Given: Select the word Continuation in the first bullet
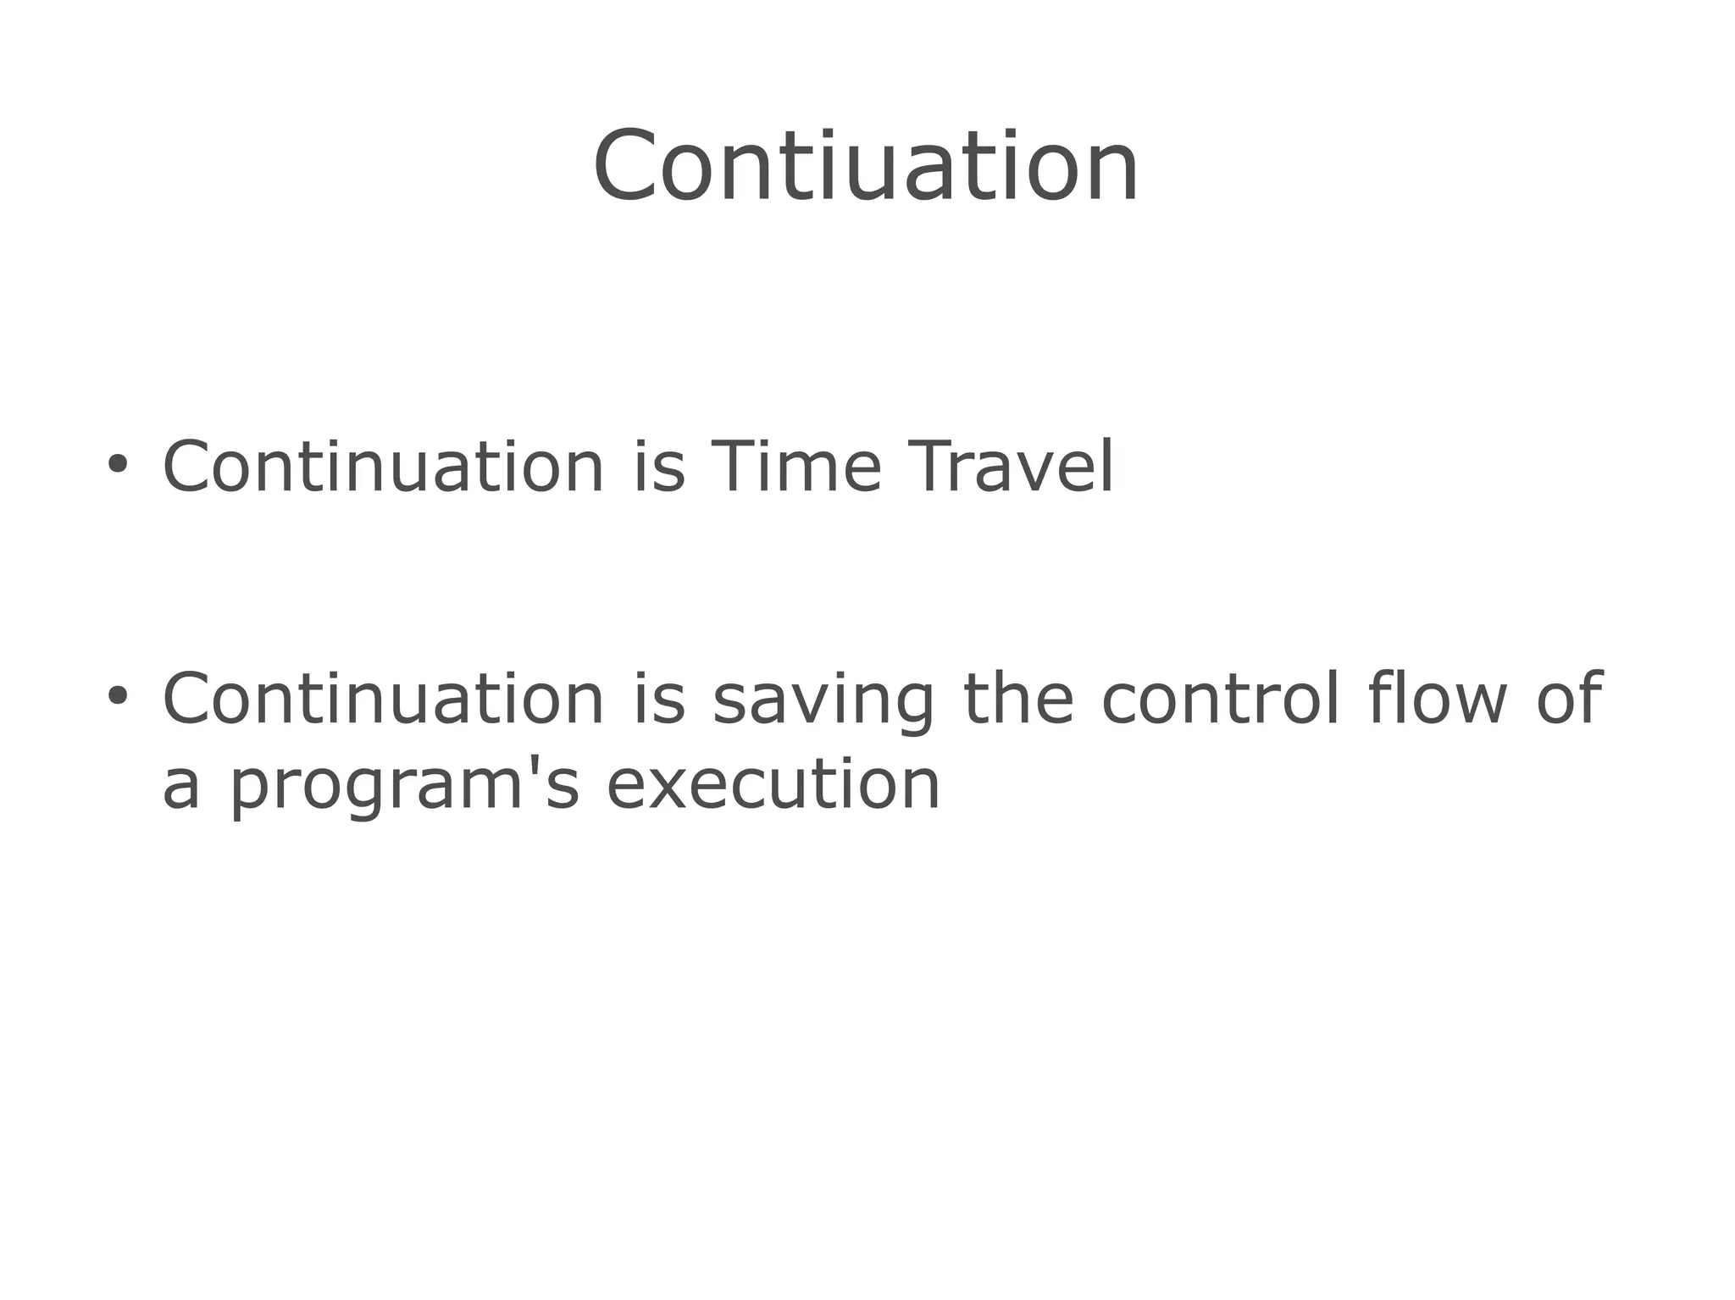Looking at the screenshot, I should pyautogui.click(x=383, y=466).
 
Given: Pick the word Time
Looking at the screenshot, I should pyautogui.click(x=796, y=466).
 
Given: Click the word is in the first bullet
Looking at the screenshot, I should pyautogui.click(x=659, y=466).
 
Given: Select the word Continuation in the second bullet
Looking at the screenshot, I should pyautogui.click(x=383, y=699).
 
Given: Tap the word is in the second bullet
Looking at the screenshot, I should pyautogui.click(x=659, y=699).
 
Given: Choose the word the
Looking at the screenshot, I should pyautogui.click(x=1018, y=699).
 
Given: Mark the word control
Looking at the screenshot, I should pyautogui.click(x=1220, y=699).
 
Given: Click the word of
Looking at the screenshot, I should pyautogui.click(x=1568, y=699).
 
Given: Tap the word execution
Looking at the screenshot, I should pyautogui.click(x=773, y=784).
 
